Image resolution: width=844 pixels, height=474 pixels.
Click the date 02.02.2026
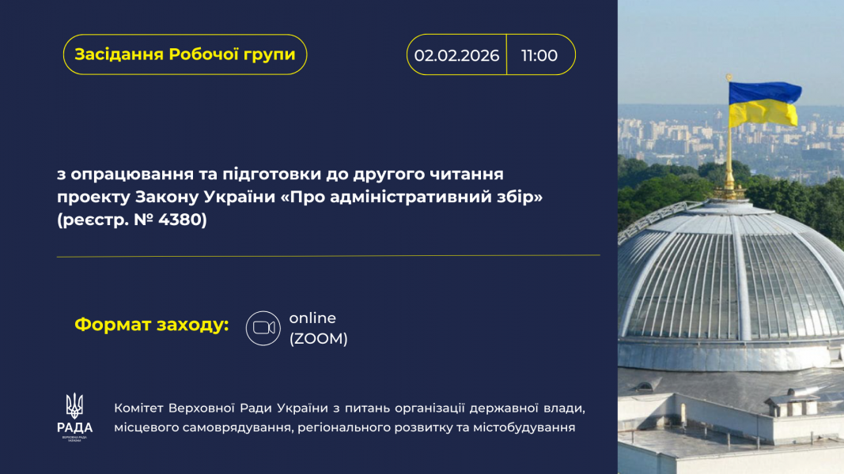coord(456,55)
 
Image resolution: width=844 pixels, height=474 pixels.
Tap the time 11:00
coord(539,55)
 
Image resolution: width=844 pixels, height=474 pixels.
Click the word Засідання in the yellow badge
coord(119,55)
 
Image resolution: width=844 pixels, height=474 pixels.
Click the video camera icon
coord(263,328)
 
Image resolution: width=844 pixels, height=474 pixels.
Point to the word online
coord(312,318)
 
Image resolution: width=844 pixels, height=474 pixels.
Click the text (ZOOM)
coord(318,339)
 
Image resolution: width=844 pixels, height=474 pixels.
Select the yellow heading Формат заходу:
coord(152,325)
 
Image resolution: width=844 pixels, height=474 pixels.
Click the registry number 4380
coord(183,220)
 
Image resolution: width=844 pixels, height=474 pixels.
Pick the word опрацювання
coord(132,175)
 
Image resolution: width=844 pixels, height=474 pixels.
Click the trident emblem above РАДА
coord(74,405)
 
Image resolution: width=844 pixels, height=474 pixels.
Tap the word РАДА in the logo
coord(74,428)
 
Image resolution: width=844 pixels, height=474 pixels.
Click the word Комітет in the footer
coord(138,408)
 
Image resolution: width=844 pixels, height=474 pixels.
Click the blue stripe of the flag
coord(764,92)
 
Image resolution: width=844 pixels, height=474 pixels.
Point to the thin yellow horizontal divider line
coord(328,256)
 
